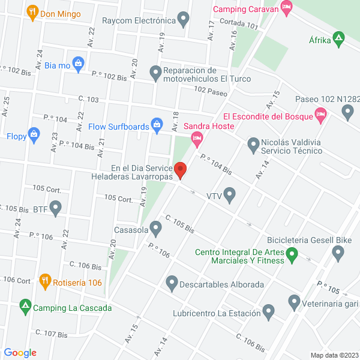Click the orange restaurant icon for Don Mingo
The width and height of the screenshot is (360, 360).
click(32, 11)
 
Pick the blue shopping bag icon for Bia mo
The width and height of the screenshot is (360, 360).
click(78, 63)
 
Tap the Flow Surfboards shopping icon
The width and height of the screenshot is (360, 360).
click(157, 125)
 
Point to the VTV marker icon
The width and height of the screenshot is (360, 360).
click(229, 195)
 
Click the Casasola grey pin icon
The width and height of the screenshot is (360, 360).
click(156, 229)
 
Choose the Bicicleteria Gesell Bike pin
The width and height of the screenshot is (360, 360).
click(338, 254)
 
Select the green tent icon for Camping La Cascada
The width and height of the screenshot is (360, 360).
click(25, 307)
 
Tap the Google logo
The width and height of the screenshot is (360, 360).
click(20, 353)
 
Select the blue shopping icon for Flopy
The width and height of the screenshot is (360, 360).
click(34, 134)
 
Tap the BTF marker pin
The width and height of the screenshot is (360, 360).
click(56, 208)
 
